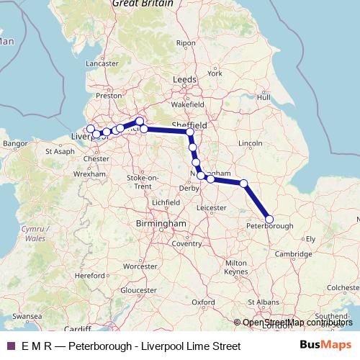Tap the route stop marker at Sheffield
point(190,132)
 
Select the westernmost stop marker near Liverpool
point(90,129)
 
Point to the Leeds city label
point(184,80)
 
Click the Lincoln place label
point(250,143)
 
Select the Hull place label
point(264,96)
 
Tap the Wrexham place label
point(94,174)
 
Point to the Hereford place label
point(91,275)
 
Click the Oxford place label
point(204,302)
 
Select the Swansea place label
point(27,316)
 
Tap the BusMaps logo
point(325,346)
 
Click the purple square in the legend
point(10,346)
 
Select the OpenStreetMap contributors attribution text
point(297,323)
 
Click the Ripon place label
point(186,43)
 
